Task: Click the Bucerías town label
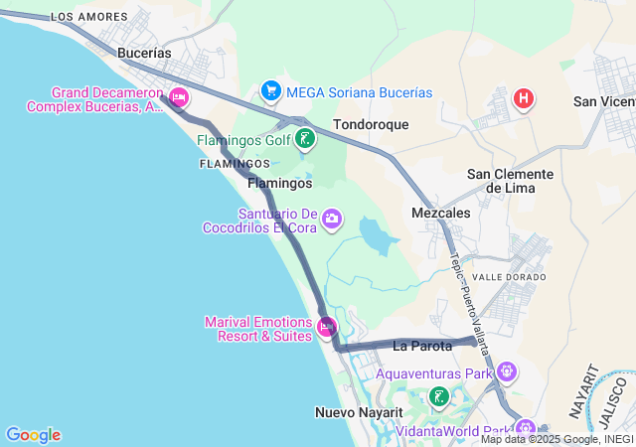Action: (144, 53)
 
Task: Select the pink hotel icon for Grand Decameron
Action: (179, 97)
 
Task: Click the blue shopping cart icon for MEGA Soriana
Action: (270, 91)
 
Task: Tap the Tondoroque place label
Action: (371, 125)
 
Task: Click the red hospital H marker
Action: (523, 99)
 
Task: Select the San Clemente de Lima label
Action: (510, 181)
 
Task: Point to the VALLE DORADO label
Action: (510, 277)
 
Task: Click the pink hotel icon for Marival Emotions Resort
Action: (327, 326)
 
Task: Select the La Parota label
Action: (422, 346)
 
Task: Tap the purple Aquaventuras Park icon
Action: (507, 373)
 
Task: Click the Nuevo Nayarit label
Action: (359, 412)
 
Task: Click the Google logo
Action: (33, 435)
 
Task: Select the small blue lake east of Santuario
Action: (375, 237)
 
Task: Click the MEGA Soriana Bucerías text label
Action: (359, 92)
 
